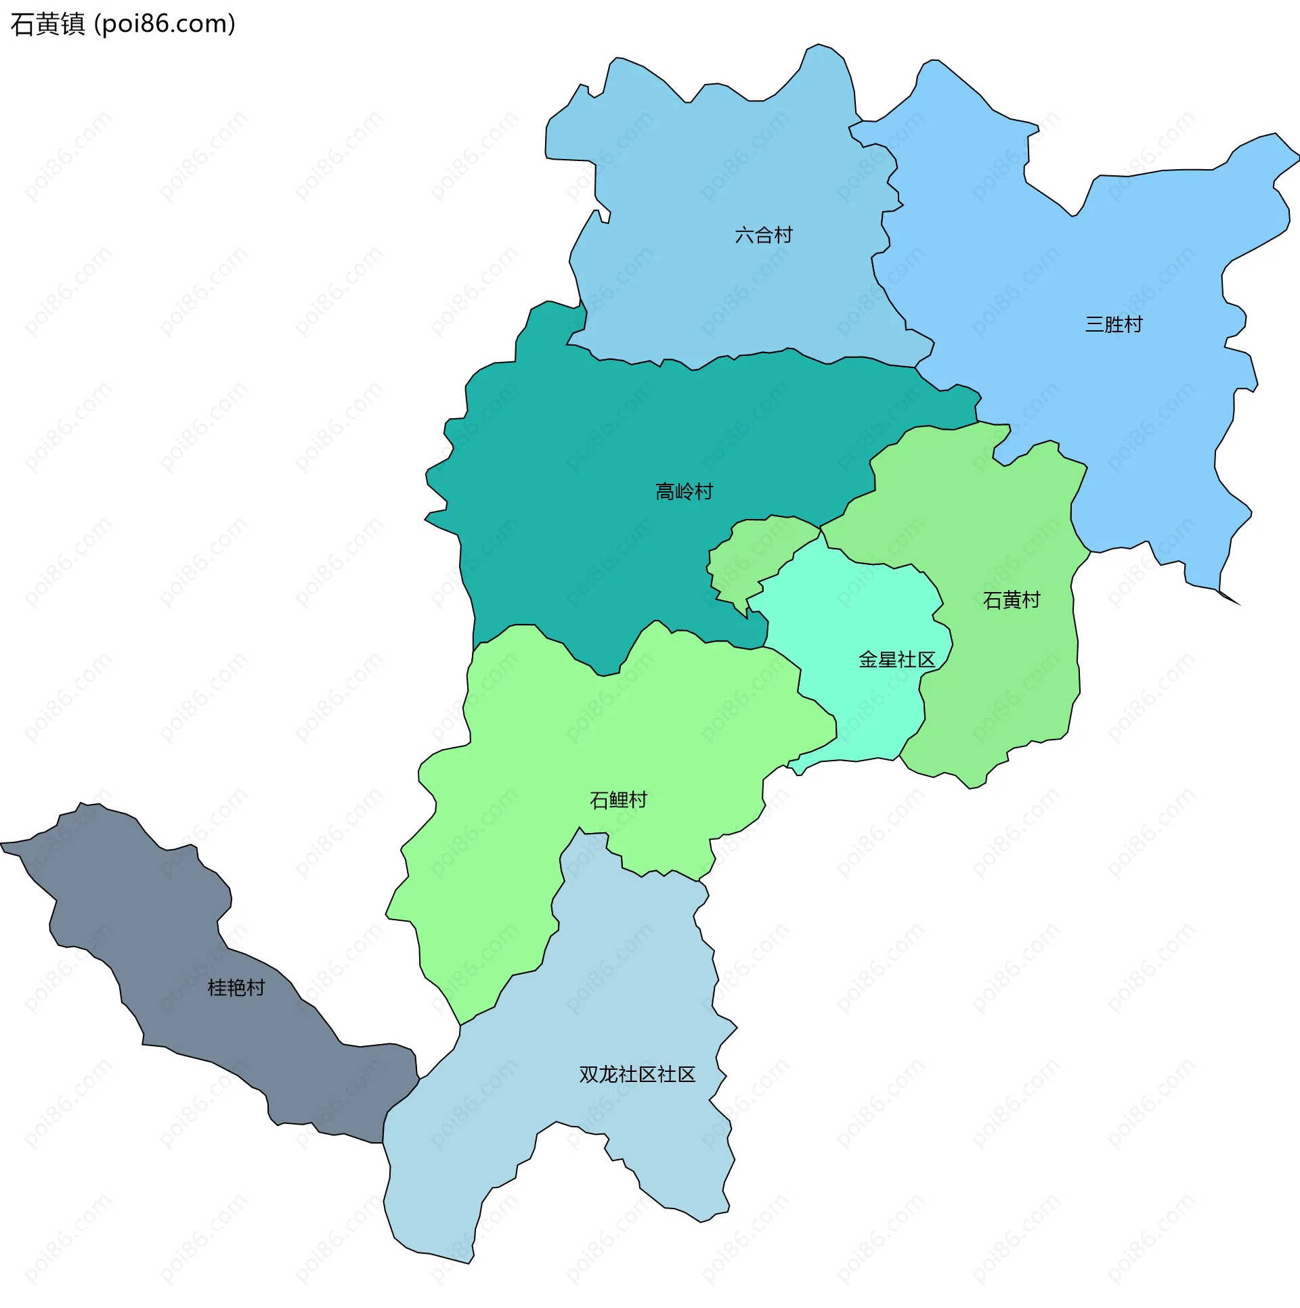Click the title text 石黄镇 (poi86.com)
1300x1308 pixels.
[123, 24]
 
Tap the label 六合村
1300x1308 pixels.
[764, 235]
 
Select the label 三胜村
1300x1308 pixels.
[1113, 324]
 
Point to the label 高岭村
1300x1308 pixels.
[684, 491]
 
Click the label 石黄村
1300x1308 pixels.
[1011, 600]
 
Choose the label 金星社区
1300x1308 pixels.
[896, 660]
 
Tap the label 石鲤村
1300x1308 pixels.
[617, 800]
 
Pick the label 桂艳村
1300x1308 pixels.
[236, 988]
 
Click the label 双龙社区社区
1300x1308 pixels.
[636, 1075]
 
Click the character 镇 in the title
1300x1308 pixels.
[72, 24]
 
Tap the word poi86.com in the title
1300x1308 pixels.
[165, 24]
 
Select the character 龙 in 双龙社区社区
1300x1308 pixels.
[607, 1075]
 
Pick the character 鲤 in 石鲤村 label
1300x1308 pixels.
[617, 800]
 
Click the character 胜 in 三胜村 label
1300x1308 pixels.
[1113, 324]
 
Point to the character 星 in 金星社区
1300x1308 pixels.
[887, 660]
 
